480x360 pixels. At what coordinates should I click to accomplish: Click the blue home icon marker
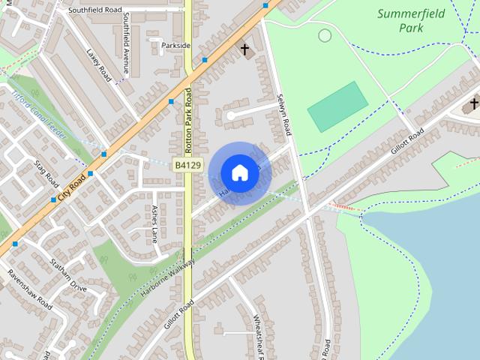pyautogui.click(x=240, y=172)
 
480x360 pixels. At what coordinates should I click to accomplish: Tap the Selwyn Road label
pyautogui.click(x=283, y=112)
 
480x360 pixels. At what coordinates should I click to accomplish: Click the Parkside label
pyautogui.click(x=176, y=46)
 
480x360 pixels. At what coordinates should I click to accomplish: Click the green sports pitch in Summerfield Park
pyautogui.click(x=338, y=106)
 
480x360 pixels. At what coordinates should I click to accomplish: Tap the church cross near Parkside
pyautogui.click(x=244, y=49)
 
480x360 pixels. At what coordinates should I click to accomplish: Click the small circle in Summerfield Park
pyautogui.click(x=325, y=35)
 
